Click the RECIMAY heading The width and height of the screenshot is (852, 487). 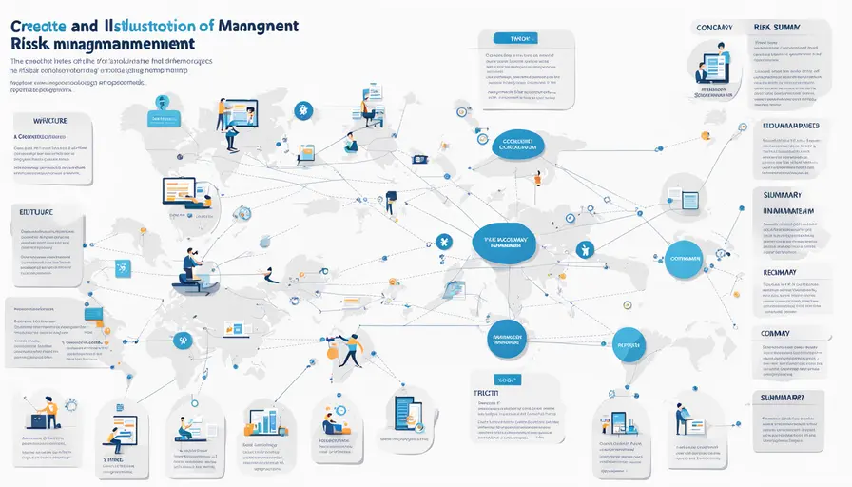pyautogui.click(x=785, y=271)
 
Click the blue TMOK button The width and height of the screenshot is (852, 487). pyautogui.click(x=517, y=38)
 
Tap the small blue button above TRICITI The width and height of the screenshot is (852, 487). pyautogui.click(x=496, y=378)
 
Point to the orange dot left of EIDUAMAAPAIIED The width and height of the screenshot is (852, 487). pyautogui.click(x=706, y=136)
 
